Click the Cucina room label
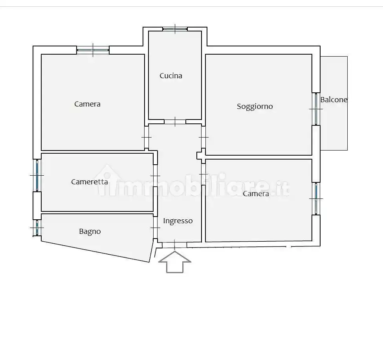click(171, 76)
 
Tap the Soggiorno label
click(255, 107)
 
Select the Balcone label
click(334, 100)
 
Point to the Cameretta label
click(90, 182)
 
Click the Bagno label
click(90, 231)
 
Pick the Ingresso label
click(178, 221)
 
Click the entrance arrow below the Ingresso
click(175, 262)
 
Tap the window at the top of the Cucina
click(175, 29)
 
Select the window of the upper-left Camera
click(93, 50)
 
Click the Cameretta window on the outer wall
click(37, 175)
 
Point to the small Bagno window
click(37, 228)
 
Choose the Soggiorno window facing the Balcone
click(316, 109)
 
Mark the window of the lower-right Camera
click(316, 198)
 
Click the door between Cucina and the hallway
click(175, 122)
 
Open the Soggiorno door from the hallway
click(203, 137)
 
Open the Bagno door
click(155, 228)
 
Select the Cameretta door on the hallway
click(155, 176)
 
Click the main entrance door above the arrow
click(174, 245)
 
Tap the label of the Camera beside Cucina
click(87, 104)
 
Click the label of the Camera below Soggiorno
click(256, 194)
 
